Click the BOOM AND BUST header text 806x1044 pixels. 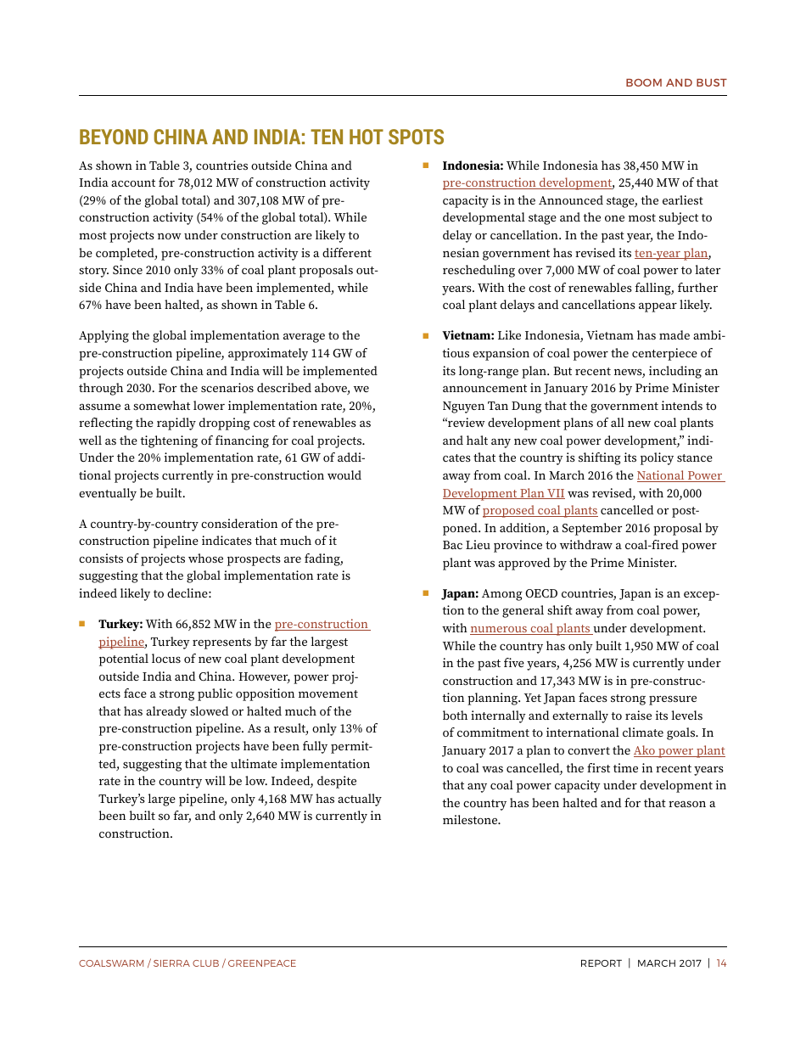(x=675, y=82)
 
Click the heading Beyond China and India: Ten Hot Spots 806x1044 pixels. (x=261, y=138)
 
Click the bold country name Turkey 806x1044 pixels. (x=120, y=625)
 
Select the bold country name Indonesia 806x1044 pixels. (x=473, y=166)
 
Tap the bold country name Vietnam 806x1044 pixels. (x=467, y=336)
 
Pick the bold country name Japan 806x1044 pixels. (x=461, y=594)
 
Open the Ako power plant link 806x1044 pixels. (x=679, y=751)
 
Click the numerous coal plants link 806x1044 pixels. (x=530, y=629)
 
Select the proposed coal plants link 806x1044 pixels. (x=540, y=511)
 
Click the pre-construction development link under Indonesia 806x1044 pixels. (x=527, y=183)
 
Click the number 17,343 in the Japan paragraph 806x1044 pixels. (x=560, y=682)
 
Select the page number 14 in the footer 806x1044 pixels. (x=721, y=963)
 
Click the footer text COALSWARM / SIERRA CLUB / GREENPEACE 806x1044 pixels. (x=188, y=963)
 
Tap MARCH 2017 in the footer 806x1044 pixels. (x=669, y=963)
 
